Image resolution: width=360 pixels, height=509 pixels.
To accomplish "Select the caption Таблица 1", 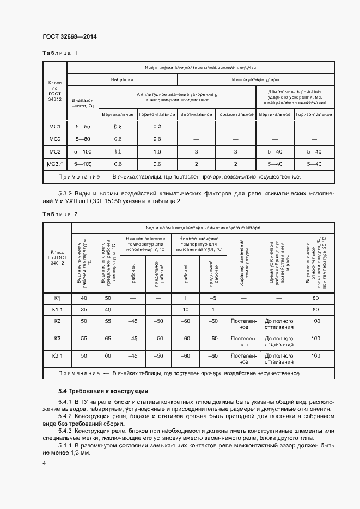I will (60, 53).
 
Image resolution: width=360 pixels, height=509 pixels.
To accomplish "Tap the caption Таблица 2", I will (60, 214).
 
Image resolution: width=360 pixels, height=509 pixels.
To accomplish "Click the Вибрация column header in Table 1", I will (122, 79).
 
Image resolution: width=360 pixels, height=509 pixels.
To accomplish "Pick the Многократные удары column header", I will (255, 79).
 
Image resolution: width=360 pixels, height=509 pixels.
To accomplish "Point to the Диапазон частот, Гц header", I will (83, 103).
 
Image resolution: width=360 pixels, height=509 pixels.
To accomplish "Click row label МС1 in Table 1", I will (54, 127).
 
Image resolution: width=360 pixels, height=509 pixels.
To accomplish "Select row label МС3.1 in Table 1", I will (54, 164).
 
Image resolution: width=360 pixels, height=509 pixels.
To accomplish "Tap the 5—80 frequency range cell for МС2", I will (83, 139).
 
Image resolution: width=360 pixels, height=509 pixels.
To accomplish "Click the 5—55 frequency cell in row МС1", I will (83, 127).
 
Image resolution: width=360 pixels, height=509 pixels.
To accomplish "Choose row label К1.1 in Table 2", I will (57, 309).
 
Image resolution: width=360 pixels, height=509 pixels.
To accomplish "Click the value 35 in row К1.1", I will (83, 309).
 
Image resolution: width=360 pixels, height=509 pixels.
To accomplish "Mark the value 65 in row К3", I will (108, 338).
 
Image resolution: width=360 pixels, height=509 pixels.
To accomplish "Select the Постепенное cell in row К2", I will (243, 324).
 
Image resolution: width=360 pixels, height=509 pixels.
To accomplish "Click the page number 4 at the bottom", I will (44, 463).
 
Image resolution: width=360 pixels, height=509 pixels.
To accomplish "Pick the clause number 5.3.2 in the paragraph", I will (66, 193).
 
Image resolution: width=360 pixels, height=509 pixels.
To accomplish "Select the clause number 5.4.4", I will (66, 445).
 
